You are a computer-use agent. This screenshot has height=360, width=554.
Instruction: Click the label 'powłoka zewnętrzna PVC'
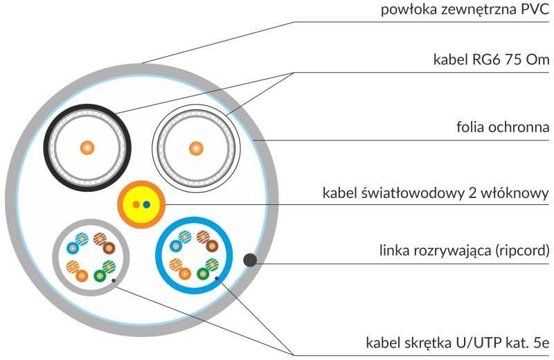tap(465, 10)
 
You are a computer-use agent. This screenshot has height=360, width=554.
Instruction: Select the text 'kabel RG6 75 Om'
tap(491, 60)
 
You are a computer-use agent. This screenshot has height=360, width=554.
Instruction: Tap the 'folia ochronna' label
tap(503, 127)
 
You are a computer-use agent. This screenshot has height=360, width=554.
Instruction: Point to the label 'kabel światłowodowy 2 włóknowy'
tap(436, 193)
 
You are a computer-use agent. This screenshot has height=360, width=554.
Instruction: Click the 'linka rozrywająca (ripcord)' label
tap(464, 251)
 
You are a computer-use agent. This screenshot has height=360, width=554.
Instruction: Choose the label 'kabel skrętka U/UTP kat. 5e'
tap(458, 343)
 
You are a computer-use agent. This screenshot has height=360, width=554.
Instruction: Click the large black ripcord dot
tap(250, 260)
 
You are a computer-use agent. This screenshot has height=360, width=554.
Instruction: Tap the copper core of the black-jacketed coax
tap(87, 147)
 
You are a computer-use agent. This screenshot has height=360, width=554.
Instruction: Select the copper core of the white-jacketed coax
tap(196, 148)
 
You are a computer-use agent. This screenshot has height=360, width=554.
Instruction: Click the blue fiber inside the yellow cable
tap(147, 204)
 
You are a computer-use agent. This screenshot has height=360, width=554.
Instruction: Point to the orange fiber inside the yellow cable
tap(136, 204)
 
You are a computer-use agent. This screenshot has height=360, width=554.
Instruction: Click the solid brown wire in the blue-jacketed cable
tap(212, 246)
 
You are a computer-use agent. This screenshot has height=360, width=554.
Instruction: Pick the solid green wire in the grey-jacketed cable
tap(100, 276)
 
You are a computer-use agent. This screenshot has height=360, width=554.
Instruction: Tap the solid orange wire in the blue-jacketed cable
tap(184, 273)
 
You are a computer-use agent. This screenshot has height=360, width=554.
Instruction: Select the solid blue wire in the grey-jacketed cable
tap(73, 248)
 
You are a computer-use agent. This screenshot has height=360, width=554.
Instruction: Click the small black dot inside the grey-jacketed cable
tap(114, 281)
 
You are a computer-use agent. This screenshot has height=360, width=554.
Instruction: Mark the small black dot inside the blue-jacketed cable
tap(217, 279)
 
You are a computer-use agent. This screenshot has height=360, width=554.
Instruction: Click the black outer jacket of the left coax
tap(46, 147)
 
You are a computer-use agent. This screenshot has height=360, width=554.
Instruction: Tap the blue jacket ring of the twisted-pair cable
tap(158, 255)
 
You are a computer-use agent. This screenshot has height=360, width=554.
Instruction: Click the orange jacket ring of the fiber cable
tap(120, 204)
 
